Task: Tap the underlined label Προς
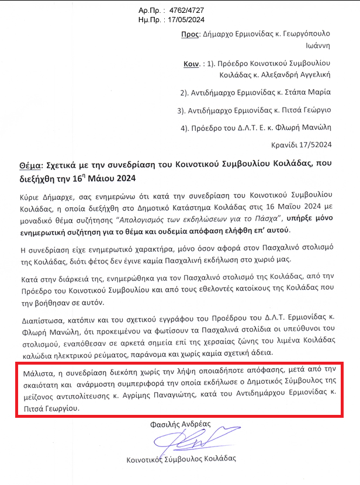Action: pyautogui.click(x=188, y=35)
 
